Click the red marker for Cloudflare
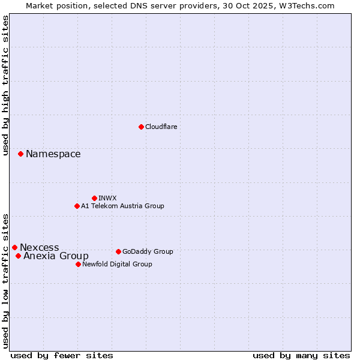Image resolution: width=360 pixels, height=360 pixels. (141, 127)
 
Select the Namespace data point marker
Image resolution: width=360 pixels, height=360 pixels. (20, 154)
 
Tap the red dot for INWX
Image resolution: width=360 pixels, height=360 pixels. (94, 198)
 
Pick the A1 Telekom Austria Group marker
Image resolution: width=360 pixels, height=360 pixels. (77, 206)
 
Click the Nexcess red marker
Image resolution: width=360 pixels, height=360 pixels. (14, 247)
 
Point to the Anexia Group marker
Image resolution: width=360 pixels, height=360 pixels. (18, 256)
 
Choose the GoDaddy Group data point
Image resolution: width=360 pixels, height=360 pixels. (118, 251)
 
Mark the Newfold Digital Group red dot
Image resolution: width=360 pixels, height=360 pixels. (78, 264)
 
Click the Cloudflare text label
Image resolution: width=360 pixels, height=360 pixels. (161, 127)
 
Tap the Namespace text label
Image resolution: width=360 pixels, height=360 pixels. (53, 154)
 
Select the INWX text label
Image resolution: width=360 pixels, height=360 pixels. (107, 198)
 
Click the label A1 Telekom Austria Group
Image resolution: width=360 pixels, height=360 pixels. (122, 206)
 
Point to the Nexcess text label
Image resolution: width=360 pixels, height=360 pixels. (40, 247)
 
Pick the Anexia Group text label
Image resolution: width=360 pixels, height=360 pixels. (56, 256)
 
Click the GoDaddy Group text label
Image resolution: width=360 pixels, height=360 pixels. (148, 251)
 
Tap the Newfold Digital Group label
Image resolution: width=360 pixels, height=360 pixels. (117, 264)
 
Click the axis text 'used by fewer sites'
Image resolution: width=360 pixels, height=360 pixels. (62, 355)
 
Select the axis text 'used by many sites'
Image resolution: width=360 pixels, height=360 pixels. (301, 355)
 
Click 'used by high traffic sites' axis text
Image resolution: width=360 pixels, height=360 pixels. (6, 85)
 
